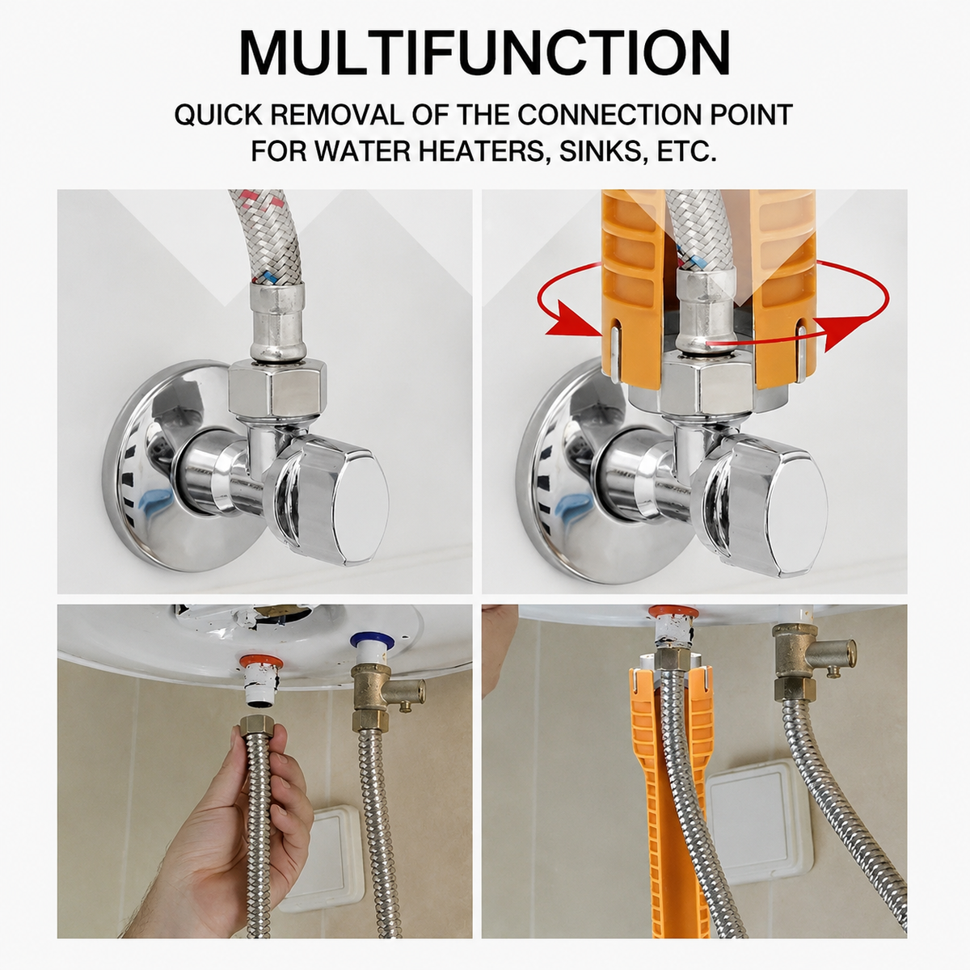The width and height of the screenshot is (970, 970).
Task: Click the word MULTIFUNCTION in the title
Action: click(484, 53)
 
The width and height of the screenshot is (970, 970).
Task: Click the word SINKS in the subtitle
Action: click(602, 151)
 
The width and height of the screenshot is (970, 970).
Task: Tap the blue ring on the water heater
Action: click(373, 643)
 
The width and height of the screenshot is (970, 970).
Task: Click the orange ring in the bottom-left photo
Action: click(257, 661)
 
